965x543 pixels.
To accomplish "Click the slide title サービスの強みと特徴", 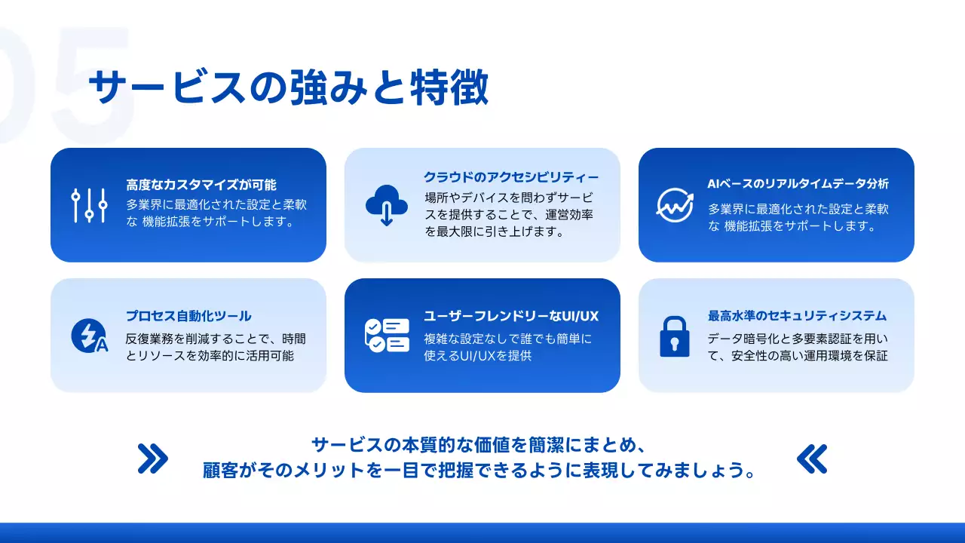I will pos(289,89).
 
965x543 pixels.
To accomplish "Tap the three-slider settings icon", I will pos(89,205).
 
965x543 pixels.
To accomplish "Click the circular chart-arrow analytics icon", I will pos(674,204).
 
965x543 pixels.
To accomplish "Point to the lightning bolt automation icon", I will pos(88,336).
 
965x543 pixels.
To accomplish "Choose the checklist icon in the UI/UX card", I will pos(386,336).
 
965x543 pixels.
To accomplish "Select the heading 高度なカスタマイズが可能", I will pos(201,185).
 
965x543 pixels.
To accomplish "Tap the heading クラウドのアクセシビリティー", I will pos(511,177).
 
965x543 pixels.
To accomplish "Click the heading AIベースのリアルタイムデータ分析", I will pos(798,184).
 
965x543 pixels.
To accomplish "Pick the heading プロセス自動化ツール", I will pos(188,316).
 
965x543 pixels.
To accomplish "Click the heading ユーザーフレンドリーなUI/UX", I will pos(511,316).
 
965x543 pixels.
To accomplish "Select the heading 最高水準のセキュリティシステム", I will pos(798,316).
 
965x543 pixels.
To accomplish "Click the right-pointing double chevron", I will pos(153,458).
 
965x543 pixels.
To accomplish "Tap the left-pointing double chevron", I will pos(812,458).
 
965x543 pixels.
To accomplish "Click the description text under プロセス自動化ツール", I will pos(216,348).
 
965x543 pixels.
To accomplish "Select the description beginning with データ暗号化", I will pos(798,348).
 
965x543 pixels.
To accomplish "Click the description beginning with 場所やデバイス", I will pos(508,215).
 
